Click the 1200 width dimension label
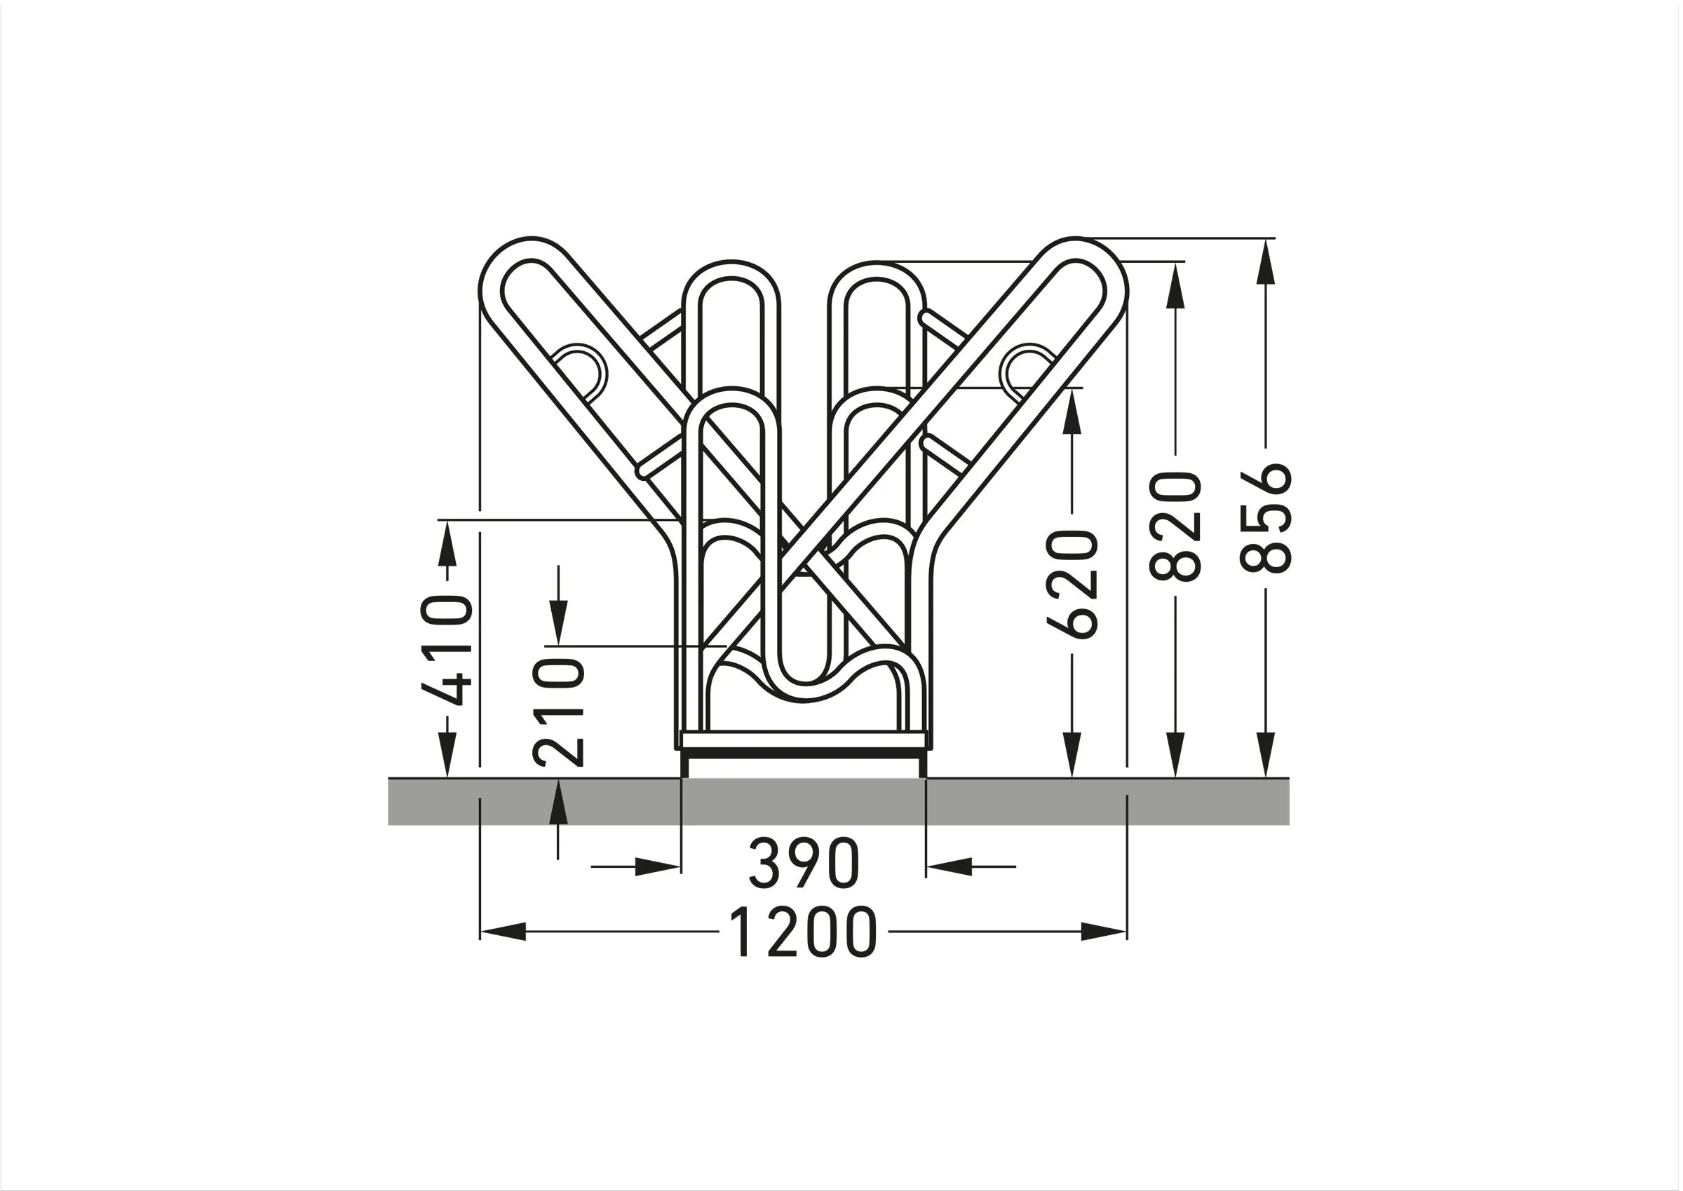click(803, 932)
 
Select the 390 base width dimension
click(804, 863)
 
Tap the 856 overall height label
click(1264, 518)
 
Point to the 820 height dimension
click(1175, 526)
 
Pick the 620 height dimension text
click(1072, 585)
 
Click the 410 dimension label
click(446, 650)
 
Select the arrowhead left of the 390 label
click(657, 867)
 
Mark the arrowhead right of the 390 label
click(950, 867)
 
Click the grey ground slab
click(838, 801)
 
